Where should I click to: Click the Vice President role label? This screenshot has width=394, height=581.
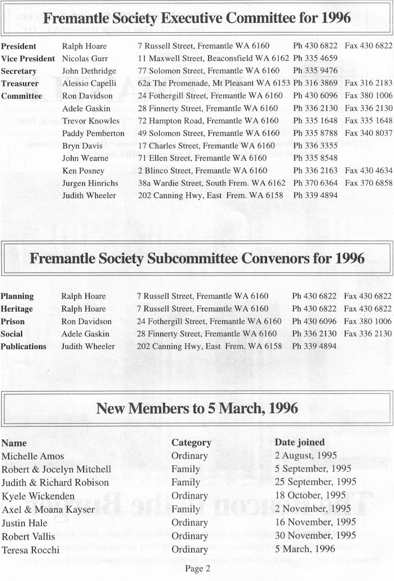28,59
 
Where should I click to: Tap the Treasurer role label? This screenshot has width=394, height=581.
19,83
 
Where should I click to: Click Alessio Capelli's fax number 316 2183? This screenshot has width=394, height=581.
368,83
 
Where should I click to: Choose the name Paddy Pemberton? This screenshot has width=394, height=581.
93,134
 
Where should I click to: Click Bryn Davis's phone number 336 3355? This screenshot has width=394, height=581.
315,146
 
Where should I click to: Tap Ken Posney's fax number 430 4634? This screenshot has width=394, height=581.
368,171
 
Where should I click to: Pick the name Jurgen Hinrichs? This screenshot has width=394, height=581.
89,183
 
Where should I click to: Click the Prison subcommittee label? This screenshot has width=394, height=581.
13,321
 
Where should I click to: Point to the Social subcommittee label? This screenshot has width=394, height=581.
12,334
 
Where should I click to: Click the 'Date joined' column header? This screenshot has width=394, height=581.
299,442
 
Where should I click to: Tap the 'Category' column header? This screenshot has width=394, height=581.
191,443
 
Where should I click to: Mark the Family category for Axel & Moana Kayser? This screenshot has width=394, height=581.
186,509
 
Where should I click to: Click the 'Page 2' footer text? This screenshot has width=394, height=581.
197,569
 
